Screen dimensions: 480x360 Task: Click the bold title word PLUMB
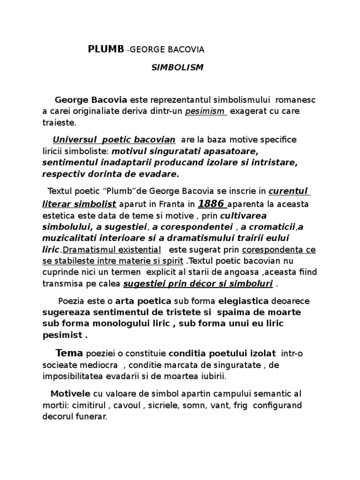(x=106, y=49)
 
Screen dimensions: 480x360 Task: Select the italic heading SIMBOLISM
(x=177, y=67)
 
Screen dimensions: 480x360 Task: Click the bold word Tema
(x=69, y=353)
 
